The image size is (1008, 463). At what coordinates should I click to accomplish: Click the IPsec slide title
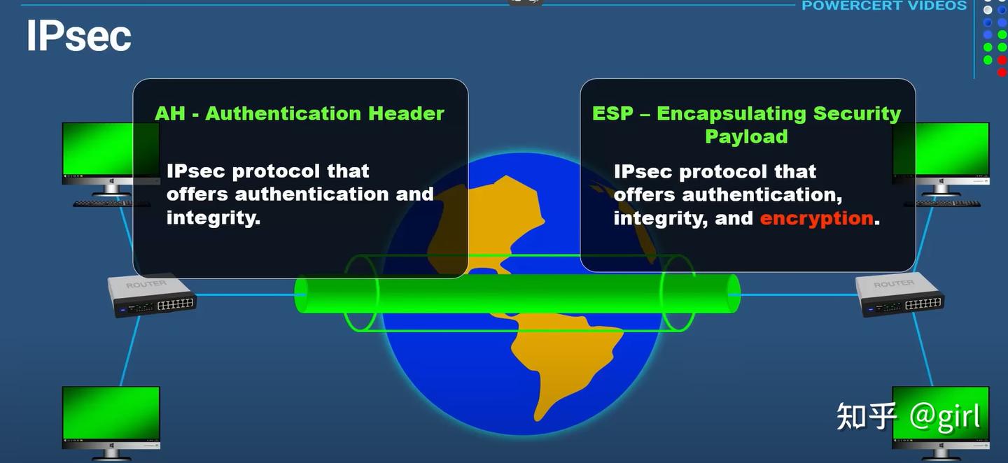[x=78, y=36]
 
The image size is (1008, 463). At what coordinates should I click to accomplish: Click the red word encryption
[x=816, y=218]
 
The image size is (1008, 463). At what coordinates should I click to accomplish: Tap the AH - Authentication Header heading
[x=300, y=113]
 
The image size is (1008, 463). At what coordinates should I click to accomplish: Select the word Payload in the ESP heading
[x=746, y=136]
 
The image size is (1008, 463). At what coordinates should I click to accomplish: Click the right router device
[x=899, y=294]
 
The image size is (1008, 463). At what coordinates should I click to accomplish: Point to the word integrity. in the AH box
[x=213, y=218]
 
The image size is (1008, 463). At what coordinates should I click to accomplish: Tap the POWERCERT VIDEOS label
[x=884, y=6]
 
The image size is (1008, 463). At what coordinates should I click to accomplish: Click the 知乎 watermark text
[x=867, y=417]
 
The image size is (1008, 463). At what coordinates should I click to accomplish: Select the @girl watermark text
[x=944, y=416]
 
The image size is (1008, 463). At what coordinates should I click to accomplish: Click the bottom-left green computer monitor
[x=111, y=413]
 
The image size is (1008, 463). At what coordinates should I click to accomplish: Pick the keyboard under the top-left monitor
[x=111, y=204]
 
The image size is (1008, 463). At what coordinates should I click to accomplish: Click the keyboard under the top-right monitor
[x=941, y=204]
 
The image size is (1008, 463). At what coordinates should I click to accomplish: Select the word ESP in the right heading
[x=612, y=113]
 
